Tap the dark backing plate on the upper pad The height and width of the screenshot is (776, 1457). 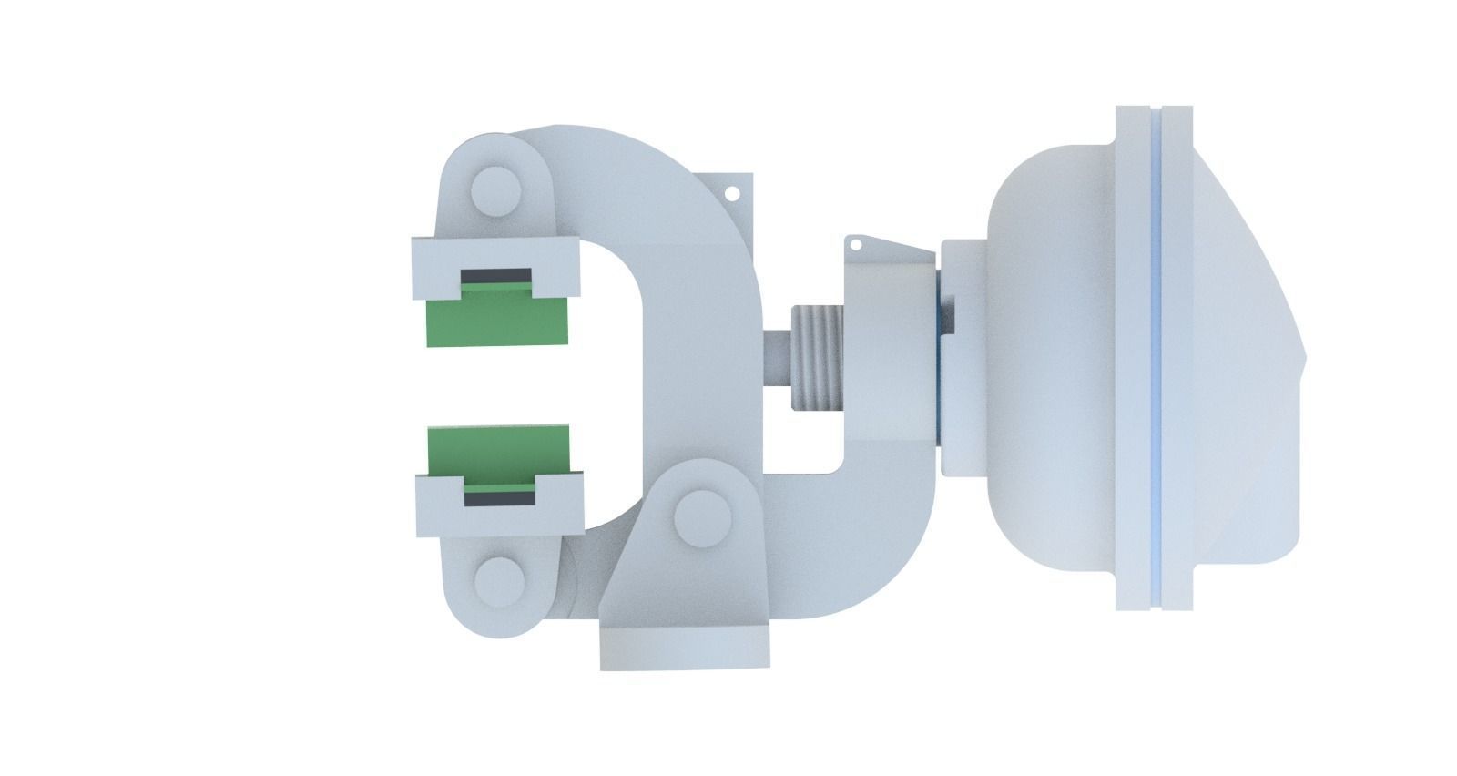496,274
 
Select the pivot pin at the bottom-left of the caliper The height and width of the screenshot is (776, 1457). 498,577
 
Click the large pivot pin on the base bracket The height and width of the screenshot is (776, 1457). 702,516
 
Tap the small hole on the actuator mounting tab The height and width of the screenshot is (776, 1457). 856,244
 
